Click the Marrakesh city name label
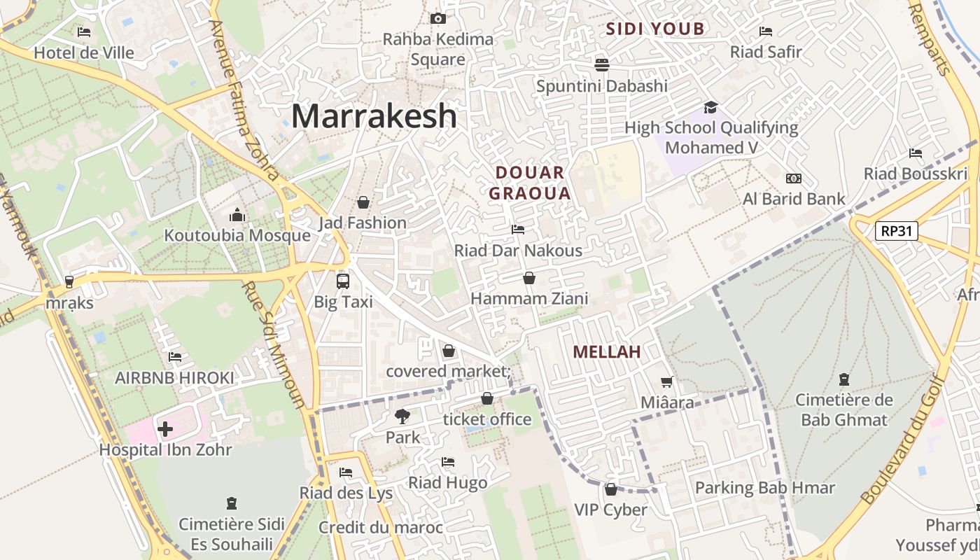click(374, 116)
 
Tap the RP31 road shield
click(896, 231)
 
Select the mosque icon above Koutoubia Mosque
click(237, 215)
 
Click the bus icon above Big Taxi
click(342, 281)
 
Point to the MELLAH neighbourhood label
click(607, 352)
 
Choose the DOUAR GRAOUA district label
click(530, 183)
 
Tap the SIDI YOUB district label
click(654, 29)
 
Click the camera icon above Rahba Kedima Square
click(438, 18)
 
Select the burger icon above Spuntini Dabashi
click(601, 65)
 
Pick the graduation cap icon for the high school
click(710, 107)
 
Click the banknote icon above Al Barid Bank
click(793, 178)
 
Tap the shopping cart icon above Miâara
click(667, 381)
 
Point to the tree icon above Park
click(402, 416)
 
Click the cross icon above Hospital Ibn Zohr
click(165, 428)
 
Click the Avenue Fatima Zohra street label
click(244, 98)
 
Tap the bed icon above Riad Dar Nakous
click(518, 230)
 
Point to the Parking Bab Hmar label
click(764, 488)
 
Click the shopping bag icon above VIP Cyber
click(610, 489)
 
